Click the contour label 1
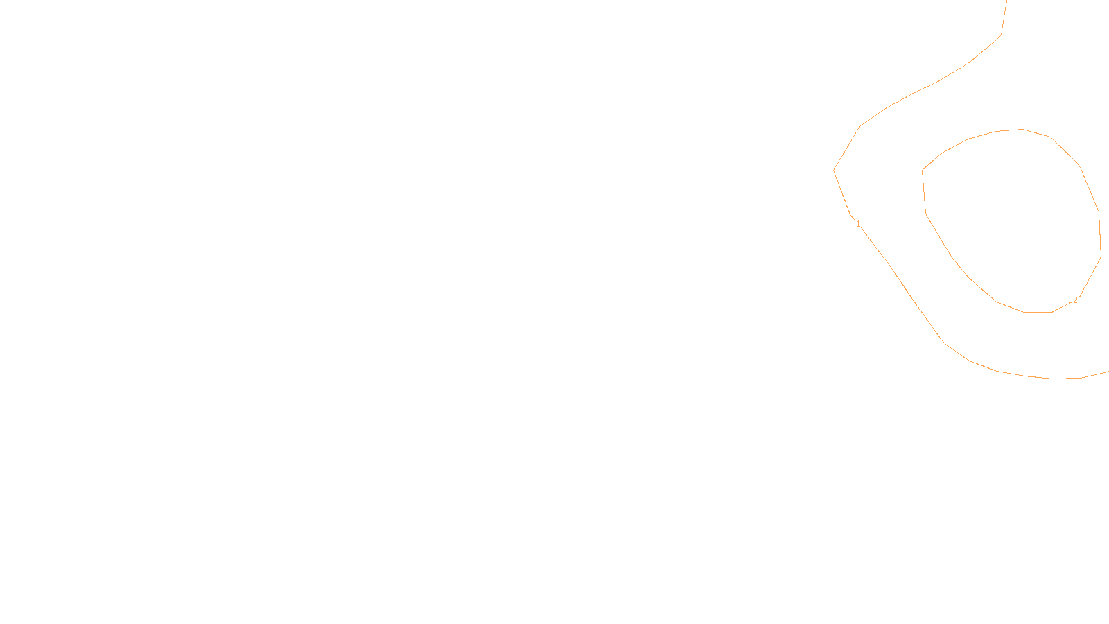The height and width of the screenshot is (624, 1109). point(858,224)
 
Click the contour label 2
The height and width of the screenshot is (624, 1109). point(1075,300)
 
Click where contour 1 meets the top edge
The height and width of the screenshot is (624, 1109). point(1006,1)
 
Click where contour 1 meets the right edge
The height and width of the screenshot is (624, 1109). point(1107,372)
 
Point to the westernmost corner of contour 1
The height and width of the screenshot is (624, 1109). point(834,170)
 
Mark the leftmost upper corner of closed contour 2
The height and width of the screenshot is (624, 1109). point(923,171)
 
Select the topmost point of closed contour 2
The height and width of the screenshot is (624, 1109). point(1022,129)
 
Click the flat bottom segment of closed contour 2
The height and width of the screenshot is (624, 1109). point(1038,312)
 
